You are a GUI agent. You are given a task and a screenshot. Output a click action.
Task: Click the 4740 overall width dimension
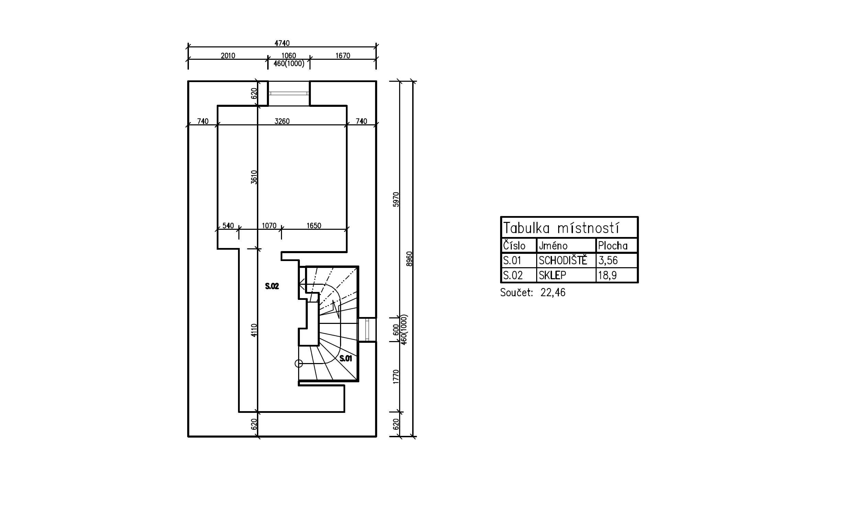tap(282, 43)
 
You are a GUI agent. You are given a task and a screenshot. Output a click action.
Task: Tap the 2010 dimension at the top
tap(228, 56)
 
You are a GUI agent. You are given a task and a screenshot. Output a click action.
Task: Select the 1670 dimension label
tap(343, 56)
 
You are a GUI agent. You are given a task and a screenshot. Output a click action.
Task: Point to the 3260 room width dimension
tap(282, 121)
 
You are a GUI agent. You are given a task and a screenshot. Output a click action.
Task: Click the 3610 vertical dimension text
tap(254, 177)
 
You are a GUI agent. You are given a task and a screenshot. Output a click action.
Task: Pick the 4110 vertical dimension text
tap(254, 330)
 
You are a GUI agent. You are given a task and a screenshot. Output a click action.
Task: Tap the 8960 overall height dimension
tap(409, 259)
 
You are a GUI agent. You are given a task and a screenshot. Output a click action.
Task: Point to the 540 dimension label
tap(228, 226)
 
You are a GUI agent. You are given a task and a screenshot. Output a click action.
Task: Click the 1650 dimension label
tap(314, 226)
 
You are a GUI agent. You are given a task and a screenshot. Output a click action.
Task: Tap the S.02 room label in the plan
tap(272, 286)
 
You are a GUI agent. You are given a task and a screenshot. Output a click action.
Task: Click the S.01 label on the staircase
tap(346, 359)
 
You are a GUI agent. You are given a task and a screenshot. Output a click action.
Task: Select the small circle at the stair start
tap(298, 363)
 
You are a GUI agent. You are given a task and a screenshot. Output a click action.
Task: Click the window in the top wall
tap(289, 93)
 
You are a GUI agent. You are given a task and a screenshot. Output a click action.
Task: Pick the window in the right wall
tap(367, 330)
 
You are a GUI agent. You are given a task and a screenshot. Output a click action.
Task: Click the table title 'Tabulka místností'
tap(561, 228)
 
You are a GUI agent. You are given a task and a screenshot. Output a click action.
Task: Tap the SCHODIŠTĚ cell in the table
tap(563, 261)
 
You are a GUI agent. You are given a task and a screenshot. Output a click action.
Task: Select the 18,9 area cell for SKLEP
tap(607, 275)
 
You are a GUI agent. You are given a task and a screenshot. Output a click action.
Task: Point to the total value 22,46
tap(553, 293)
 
